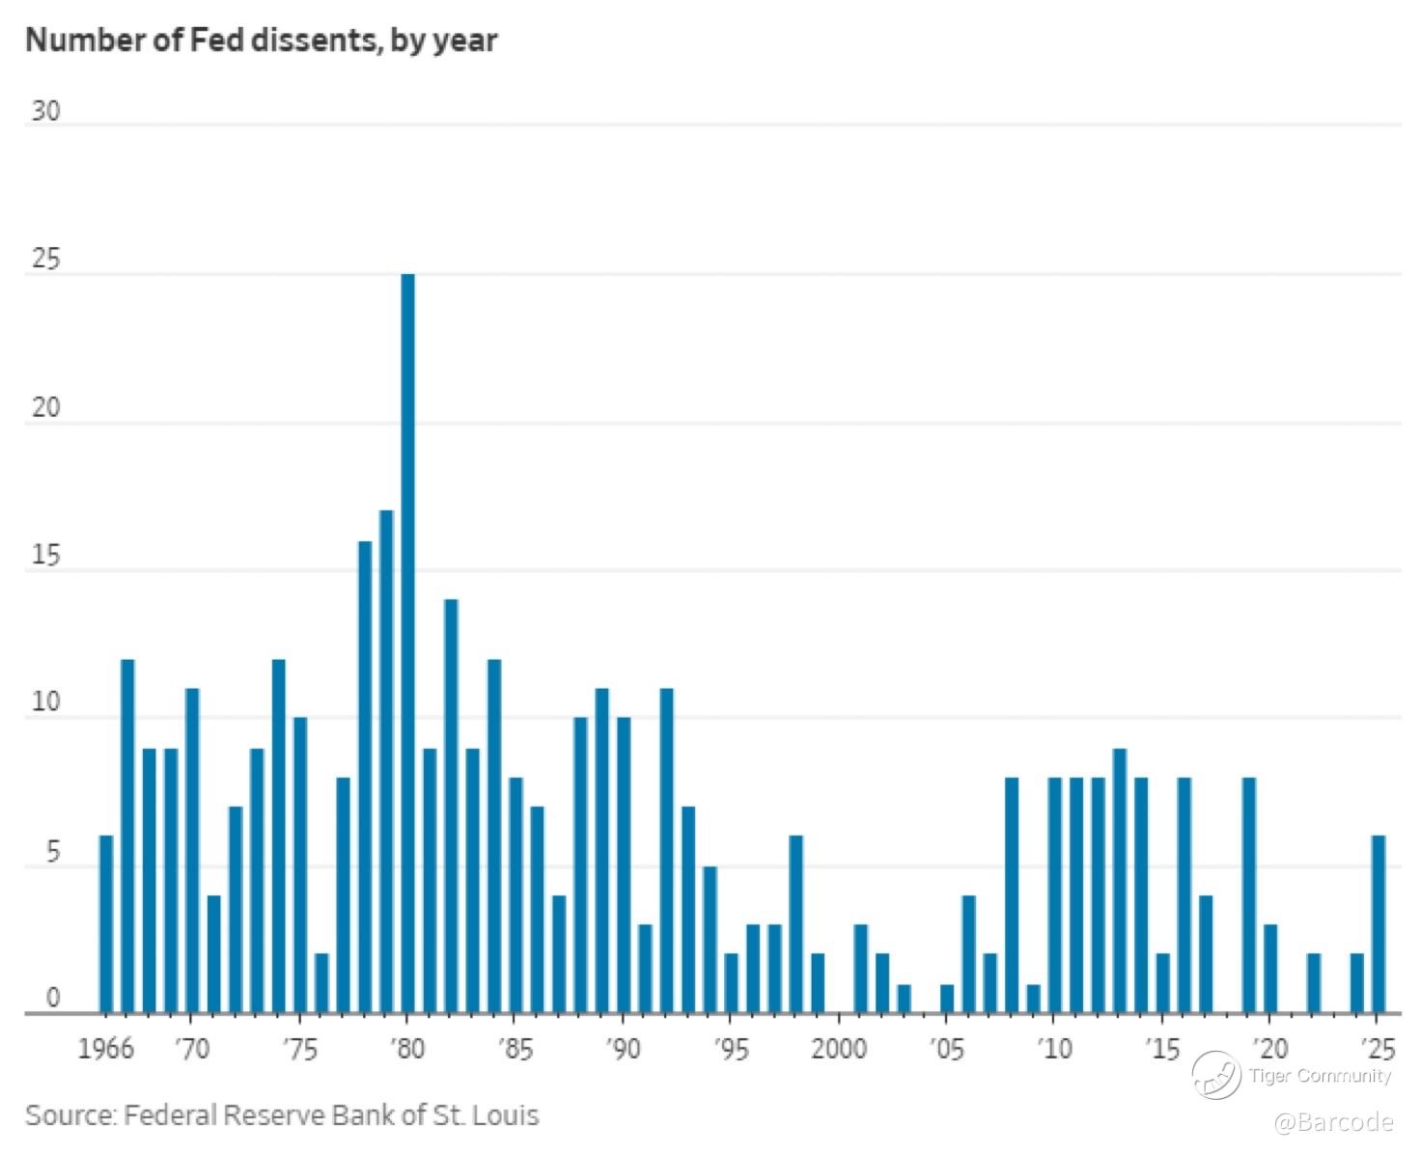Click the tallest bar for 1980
tap(408, 643)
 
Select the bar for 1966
tap(106, 923)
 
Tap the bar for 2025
tap(1379, 923)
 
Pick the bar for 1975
tap(300, 865)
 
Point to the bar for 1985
tap(515, 894)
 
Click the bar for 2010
tap(1055, 894)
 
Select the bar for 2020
tap(1271, 969)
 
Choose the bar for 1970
tap(192, 850)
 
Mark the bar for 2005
tap(947, 998)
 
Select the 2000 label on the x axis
tap(839, 1048)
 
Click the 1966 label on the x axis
tap(106, 1048)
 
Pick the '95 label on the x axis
tap(732, 1048)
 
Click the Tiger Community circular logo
tap(1215, 1075)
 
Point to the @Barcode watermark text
tap(1333, 1122)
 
